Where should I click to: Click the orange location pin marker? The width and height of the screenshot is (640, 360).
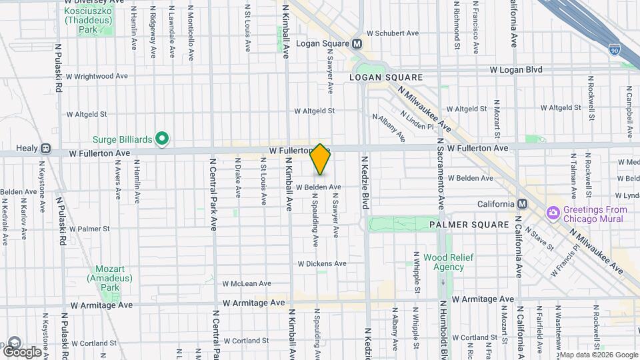pyautogui.click(x=320, y=159)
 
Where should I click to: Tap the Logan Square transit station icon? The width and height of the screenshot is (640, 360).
pyautogui.click(x=357, y=44)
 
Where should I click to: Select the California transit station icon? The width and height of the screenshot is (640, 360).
pyautogui.click(x=522, y=204)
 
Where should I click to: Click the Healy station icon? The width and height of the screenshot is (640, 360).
pyautogui.click(x=45, y=149)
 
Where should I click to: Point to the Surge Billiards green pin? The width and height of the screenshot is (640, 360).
pyautogui.click(x=161, y=139)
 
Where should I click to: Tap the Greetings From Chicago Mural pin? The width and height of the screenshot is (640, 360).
pyautogui.click(x=552, y=213)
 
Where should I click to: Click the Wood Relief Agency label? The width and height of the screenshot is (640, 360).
pyautogui.click(x=443, y=262)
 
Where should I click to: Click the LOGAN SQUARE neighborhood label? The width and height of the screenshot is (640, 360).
pyautogui.click(x=377, y=77)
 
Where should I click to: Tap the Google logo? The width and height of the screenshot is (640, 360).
pyautogui.click(x=21, y=351)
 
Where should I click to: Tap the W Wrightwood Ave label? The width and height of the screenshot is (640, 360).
pyautogui.click(x=97, y=76)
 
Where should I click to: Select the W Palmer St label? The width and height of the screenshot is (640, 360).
pyautogui.click(x=85, y=228)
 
